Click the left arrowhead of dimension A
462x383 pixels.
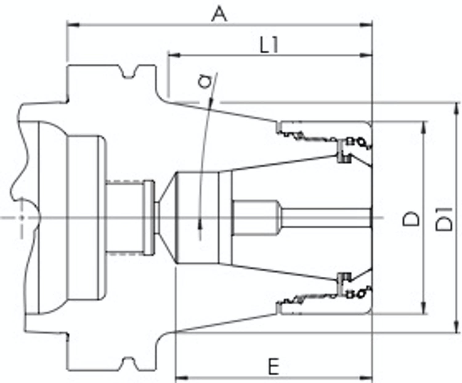point(73,25)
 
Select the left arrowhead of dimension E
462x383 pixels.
point(181,377)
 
